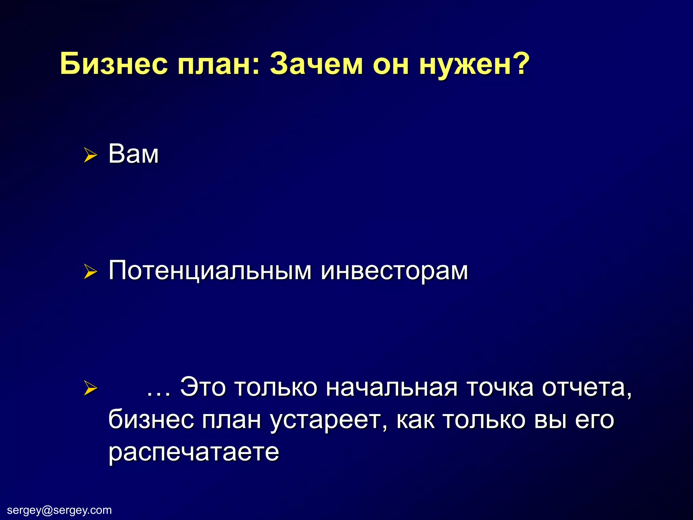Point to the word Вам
tap(133, 154)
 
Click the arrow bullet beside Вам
tap(90, 155)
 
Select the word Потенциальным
tap(210, 271)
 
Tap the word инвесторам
tap(395, 271)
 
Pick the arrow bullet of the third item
tap(90, 388)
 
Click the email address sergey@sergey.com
tap(59, 510)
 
